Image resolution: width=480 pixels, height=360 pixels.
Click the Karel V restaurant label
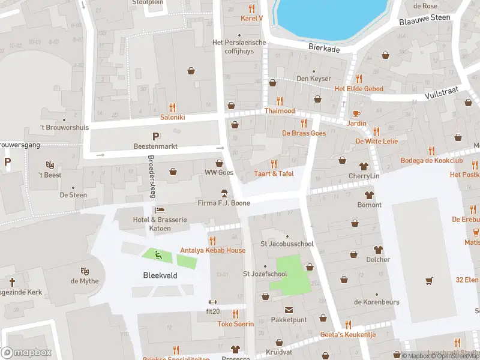(x=252, y=18)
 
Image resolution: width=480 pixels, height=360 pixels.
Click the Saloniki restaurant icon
(x=172, y=107)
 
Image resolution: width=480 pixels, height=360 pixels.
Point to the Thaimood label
(x=280, y=111)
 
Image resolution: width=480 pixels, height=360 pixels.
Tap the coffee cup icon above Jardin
(x=356, y=113)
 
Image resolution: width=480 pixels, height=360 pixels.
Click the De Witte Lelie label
(x=376, y=141)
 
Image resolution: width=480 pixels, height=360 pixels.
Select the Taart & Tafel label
(x=274, y=173)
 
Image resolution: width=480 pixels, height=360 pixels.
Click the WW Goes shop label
(x=218, y=173)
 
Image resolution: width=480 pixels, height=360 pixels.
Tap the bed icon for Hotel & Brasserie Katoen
(x=160, y=210)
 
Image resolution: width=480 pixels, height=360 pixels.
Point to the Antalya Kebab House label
(x=212, y=250)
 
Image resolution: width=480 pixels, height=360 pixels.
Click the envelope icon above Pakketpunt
(x=289, y=310)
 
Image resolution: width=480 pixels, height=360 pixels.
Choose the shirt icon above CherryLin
(x=364, y=166)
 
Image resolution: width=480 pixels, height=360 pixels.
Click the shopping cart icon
(x=428, y=280)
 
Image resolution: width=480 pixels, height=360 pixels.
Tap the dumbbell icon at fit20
(x=211, y=302)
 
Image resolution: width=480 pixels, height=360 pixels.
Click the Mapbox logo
(x=26, y=353)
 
